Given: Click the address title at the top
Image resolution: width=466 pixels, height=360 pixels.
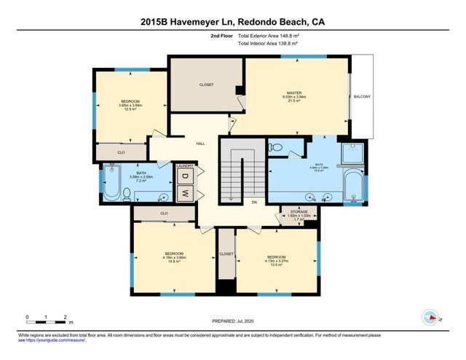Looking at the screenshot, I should (x=232, y=22).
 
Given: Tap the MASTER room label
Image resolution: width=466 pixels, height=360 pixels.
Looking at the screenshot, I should (x=293, y=93).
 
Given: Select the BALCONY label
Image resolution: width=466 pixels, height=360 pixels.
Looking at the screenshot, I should (x=362, y=97).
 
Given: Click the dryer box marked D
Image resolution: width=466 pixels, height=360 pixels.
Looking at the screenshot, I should (x=186, y=177).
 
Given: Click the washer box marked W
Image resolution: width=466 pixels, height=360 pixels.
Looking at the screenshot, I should (x=186, y=194).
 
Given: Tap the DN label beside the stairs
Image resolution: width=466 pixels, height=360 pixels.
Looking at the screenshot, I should (x=255, y=202).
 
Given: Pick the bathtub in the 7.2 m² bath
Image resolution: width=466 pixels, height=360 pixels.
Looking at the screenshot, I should (x=111, y=183).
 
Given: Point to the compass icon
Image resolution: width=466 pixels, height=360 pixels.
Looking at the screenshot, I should (x=430, y=317).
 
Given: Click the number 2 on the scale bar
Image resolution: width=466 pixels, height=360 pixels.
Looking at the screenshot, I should (x=66, y=317).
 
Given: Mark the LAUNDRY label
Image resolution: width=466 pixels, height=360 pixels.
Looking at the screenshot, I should (x=186, y=166).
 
